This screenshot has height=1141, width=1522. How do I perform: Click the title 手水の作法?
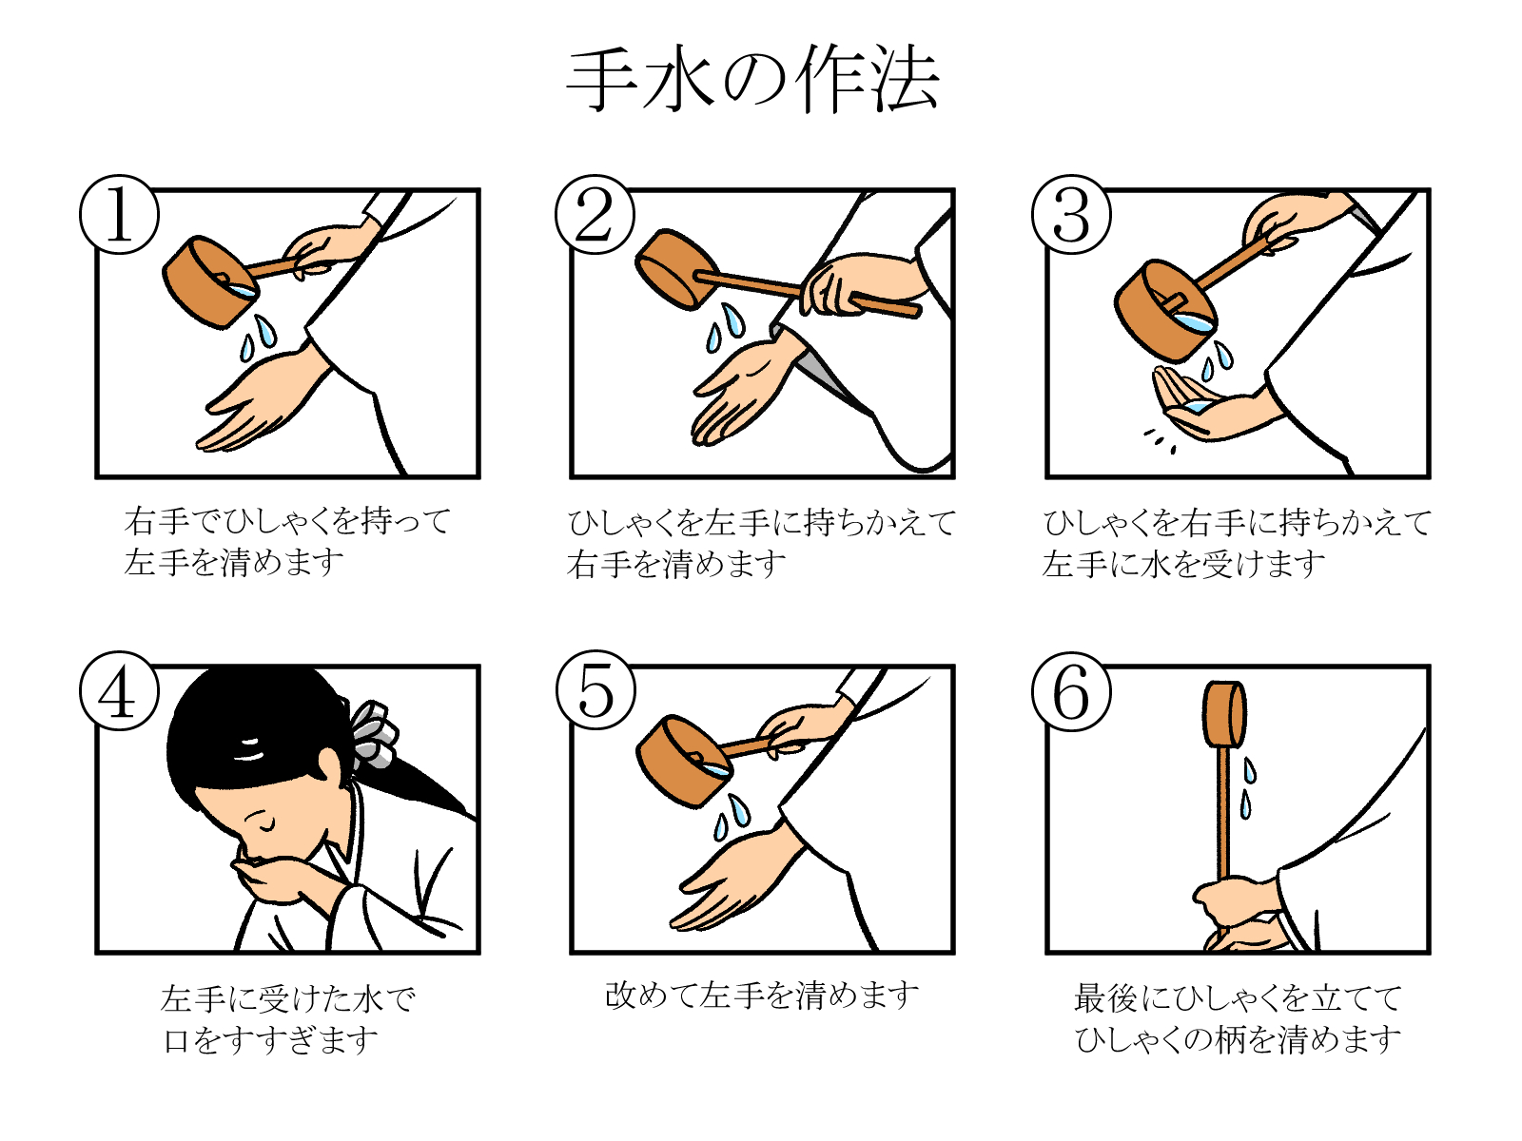(x=753, y=81)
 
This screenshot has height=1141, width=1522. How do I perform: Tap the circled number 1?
(x=119, y=214)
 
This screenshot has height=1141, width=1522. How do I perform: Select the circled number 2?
(x=595, y=214)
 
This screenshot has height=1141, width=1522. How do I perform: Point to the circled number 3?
(x=1071, y=214)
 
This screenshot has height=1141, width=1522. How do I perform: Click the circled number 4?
(x=119, y=690)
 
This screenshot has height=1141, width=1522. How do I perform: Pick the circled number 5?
(x=595, y=690)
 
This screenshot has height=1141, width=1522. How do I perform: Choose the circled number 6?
(x=1071, y=690)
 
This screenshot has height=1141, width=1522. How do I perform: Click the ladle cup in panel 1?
(x=209, y=281)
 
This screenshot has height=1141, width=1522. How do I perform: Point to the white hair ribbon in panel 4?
(x=374, y=735)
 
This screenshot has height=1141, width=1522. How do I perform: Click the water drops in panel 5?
(x=732, y=818)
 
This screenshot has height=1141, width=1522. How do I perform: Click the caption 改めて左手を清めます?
(x=761, y=996)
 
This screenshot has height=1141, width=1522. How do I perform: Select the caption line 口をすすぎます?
(x=271, y=1039)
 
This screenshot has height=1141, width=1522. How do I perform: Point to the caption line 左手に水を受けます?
(x=1183, y=563)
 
